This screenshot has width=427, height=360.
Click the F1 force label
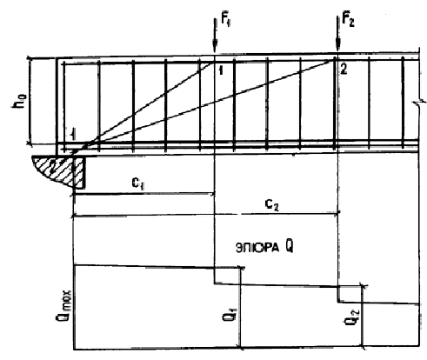pos(226,21)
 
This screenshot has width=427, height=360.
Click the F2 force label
pos(348,20)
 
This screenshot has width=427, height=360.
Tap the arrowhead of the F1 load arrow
pos(215,48)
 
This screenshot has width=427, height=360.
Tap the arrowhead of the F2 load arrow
pos(337,46)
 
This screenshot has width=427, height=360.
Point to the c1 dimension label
pos(138,183)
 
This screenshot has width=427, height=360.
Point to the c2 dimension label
pos(272,205)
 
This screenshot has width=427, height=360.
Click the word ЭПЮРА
pos(257,248)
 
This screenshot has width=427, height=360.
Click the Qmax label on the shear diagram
pos(63,304)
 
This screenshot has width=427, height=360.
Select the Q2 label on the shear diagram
pos(352,317)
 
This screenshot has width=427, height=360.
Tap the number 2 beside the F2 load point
pos(344,70)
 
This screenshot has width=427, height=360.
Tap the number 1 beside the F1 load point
pos(221,70)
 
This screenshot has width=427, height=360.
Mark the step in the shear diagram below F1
pos(214,276)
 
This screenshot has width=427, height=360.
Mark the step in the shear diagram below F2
pos(337,294)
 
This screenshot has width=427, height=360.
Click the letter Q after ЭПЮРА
pos(289,247)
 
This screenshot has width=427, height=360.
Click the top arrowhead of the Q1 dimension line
pos(240,269)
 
